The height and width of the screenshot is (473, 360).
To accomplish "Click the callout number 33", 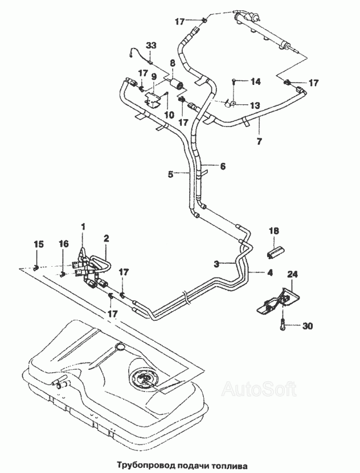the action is pos(152,46).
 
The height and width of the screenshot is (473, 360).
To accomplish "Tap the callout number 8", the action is pos(173,63).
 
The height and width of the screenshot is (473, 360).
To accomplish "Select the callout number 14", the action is pos(256,81).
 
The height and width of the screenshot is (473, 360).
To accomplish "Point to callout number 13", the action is pos(255,105).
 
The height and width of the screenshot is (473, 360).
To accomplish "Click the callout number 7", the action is pos(259,141).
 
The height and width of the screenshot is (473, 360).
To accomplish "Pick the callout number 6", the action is pos(223,166).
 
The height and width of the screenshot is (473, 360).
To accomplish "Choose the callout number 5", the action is pos(171,174).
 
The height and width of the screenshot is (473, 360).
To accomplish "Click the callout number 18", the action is pos(274,231).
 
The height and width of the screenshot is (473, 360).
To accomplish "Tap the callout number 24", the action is pos(292,275).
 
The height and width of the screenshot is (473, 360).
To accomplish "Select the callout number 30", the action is pos(307,326).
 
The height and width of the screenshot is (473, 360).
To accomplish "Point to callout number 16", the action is pos(63,244).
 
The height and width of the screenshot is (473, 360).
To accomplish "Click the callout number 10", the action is pos(169,115).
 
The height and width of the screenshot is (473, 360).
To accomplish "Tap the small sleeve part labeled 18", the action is pos(276,251).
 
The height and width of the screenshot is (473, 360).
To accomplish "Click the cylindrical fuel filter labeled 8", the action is pos(177,83).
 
